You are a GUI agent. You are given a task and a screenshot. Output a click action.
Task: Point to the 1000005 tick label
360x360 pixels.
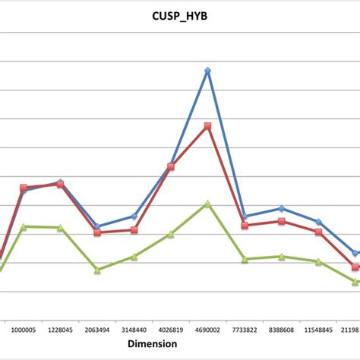[24, 330]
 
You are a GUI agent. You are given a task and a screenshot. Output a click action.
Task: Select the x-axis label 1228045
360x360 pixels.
[61, 330]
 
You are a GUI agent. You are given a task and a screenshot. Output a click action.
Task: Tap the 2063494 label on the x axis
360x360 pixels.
[97, 330]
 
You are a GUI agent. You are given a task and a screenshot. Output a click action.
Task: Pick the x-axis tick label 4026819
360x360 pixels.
[171, 330]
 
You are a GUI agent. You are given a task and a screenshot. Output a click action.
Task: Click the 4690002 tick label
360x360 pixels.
[207, 330]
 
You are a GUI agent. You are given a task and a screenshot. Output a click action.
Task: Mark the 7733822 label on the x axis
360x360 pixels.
[245, 330]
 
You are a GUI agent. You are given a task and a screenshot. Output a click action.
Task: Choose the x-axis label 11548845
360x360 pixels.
[318, 330]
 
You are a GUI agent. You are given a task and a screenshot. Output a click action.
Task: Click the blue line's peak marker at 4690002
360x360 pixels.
[207, 71]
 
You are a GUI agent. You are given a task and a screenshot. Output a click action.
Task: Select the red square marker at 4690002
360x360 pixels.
[207, 126]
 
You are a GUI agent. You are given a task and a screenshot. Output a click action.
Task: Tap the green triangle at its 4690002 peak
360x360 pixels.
[207, 204]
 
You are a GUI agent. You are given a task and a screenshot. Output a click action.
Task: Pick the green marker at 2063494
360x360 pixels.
[97, 270]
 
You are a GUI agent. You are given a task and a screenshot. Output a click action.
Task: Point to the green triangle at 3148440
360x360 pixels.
[134, 257]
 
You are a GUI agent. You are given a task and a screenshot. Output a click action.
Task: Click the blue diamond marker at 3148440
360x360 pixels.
[134, 216]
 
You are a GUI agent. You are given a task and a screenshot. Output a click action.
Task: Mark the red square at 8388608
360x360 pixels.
[281, 221]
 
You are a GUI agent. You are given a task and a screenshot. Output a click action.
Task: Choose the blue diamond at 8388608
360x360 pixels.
[281, 208]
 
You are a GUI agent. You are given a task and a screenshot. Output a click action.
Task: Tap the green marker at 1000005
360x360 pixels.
[24, 226]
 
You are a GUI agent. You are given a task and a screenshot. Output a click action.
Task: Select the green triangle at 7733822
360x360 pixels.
[245, 260]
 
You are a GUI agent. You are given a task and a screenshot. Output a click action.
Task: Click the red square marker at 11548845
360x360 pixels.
[318, 232]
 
